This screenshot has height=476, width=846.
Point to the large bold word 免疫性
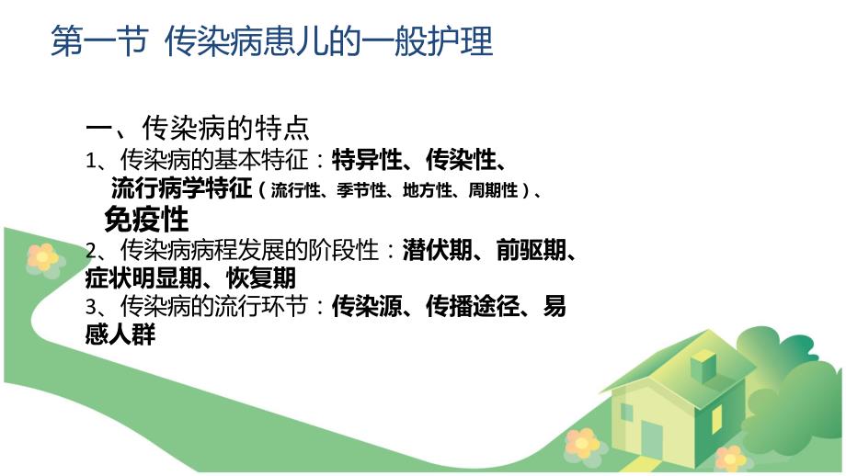(146, 220)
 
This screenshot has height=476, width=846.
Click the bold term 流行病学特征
(181, 189)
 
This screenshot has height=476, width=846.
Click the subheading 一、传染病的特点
(198, 128)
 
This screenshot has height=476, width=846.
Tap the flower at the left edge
(41, 257)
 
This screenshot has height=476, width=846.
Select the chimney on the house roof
(703, 362)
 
